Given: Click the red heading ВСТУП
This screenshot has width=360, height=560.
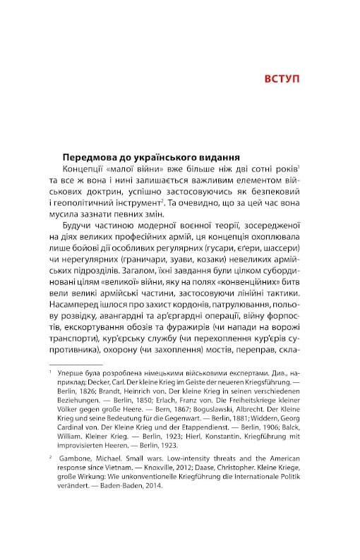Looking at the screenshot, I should point(280,77).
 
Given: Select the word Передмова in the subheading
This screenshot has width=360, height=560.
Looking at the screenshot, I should point(91,157).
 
